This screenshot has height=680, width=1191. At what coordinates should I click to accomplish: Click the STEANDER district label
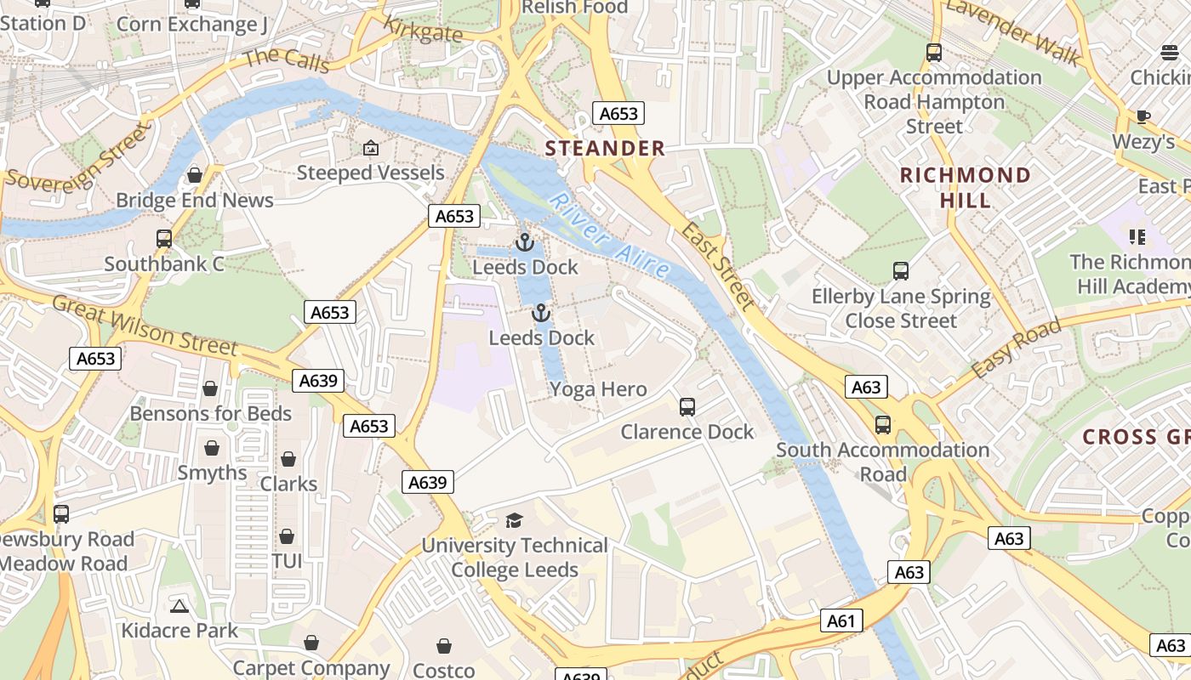point(605,149)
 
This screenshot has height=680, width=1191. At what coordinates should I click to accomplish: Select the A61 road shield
point(841,621)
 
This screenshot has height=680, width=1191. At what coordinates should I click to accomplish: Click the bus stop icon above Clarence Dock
point(687,407)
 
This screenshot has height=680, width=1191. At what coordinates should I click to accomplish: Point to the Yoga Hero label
point(598,390)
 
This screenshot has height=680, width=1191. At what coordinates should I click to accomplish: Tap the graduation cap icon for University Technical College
point(514,520)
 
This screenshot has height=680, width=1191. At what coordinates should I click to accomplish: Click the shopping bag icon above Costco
point(443,647)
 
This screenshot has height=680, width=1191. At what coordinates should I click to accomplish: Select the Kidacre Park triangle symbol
point(179,606)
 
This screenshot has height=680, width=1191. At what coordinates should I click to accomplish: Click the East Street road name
point(719,266)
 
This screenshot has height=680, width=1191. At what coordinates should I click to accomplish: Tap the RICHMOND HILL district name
point(966,188)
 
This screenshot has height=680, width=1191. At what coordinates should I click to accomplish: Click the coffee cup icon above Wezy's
point(1143,116)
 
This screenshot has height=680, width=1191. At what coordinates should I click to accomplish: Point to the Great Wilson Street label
point(145,325)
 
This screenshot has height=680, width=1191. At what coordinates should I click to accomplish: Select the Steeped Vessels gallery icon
point(370,149)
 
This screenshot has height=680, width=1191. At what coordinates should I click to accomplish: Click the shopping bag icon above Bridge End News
point(195,175)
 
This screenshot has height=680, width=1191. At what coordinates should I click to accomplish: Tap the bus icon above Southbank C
point(164,239)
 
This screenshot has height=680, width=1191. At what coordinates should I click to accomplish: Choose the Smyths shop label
point(212,473)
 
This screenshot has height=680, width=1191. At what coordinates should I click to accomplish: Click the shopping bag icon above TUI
point(287,537)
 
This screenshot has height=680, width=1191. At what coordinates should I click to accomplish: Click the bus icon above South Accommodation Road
point(883,425)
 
